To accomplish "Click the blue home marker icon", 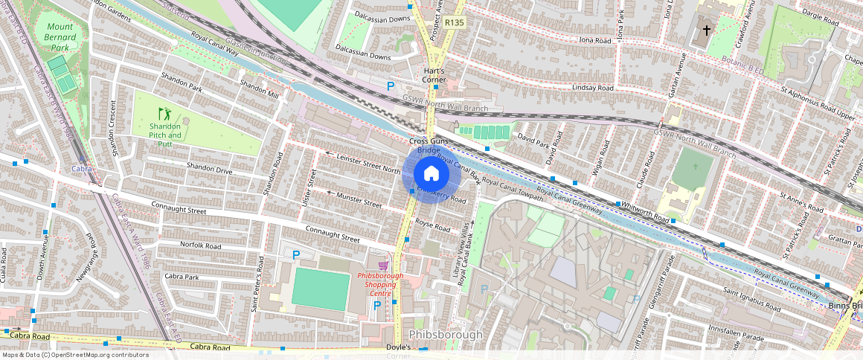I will pos(430,174).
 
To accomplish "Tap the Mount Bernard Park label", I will pos(57,37).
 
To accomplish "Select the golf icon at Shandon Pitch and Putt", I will pos(164,114).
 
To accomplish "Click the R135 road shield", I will pos(454,23).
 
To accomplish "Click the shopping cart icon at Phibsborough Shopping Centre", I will pos(383,265).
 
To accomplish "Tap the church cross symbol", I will pos(705,31).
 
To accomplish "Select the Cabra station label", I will pos(81,170).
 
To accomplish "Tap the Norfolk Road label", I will pos(201,245).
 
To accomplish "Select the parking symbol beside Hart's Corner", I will pos(391,87).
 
